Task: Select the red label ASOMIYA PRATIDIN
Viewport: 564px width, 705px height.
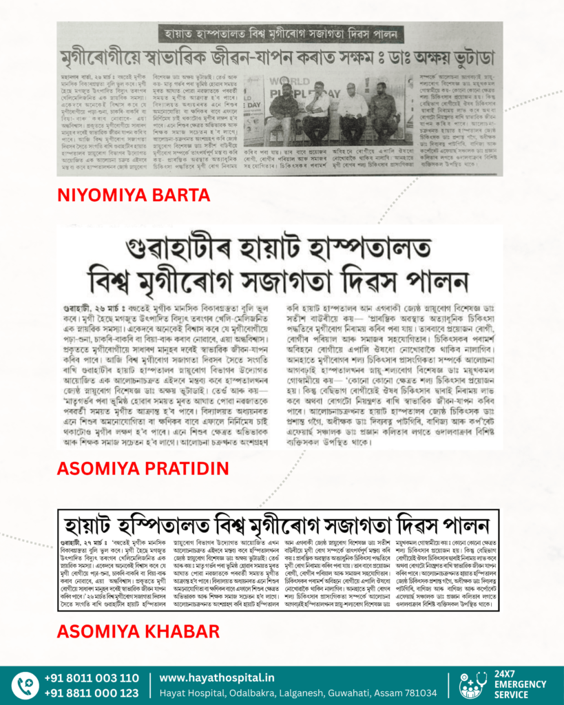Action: [x=141, y=470]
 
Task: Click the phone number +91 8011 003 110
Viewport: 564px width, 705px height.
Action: [x=92, y=678]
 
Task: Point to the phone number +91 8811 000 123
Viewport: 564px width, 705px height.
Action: [x=92, y=693]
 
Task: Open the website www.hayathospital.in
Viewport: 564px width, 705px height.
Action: [x=216, y=677]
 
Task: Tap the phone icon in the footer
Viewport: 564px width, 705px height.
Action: [x=25, y=686]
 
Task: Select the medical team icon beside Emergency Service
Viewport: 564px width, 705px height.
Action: [x=473, y=686]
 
